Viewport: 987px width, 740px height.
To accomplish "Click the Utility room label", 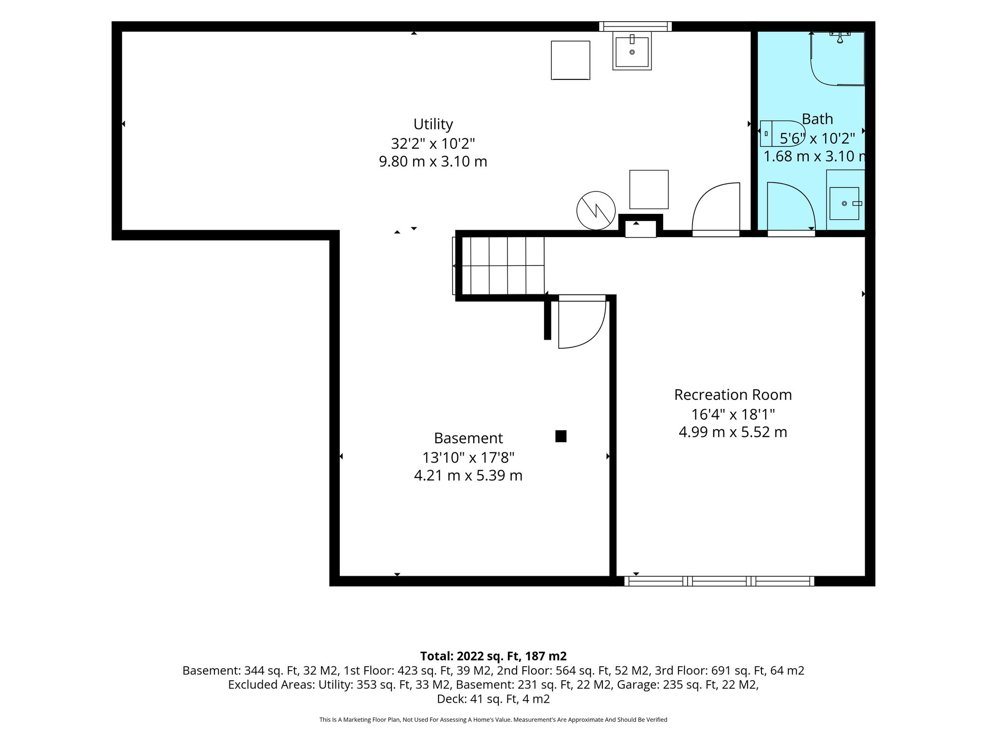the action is (433, 124).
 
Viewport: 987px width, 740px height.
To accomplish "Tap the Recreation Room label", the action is (733, 395).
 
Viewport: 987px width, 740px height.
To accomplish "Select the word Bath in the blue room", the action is (817, 119).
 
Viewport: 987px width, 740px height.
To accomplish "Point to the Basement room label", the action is (468, 438).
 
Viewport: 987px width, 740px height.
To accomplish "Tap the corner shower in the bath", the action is (838, 58).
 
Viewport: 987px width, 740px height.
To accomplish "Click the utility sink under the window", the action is (632, 51).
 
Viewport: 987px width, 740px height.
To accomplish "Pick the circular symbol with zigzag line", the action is (596, 211).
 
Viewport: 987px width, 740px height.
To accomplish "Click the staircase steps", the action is (498, 265).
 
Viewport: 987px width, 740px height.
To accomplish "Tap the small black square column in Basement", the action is (560, 436).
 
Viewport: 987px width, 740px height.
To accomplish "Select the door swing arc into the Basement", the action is (598, 332).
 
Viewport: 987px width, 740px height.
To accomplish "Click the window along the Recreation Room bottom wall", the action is (719, 581).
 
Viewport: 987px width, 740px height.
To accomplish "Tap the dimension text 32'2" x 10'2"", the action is (433, 144).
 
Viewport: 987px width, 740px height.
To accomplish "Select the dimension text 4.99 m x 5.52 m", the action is (733, 432).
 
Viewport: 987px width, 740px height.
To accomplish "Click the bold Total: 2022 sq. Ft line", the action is (493, 656).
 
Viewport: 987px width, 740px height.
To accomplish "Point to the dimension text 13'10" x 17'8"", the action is (468, 457).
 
